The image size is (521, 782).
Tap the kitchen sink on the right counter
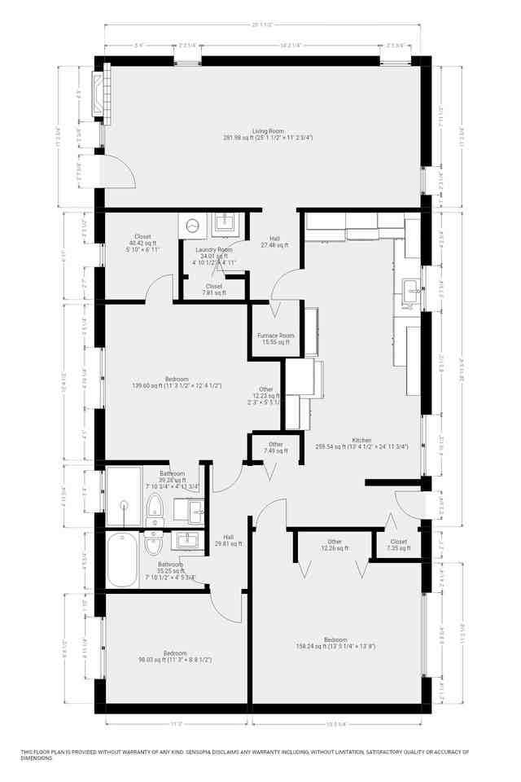pos(411,287)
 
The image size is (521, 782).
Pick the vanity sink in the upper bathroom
pos(195,512)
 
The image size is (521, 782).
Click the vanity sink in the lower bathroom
pos(187,540)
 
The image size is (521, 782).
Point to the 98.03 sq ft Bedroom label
pos(175,657)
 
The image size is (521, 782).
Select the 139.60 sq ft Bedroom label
pos(177,382)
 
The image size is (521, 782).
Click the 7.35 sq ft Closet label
pos(398,545)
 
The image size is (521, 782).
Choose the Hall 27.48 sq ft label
pos(275,241)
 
